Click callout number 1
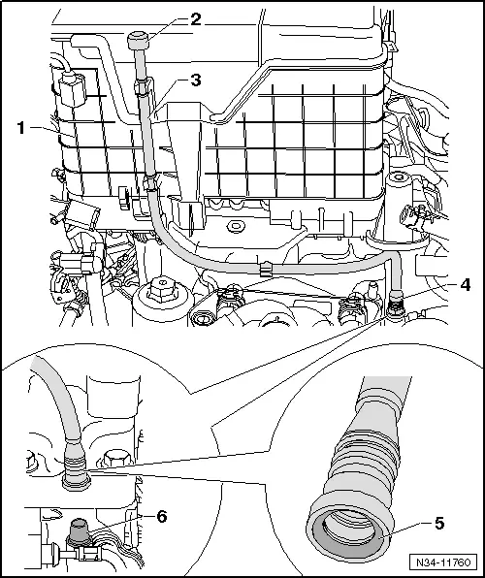point(21,128)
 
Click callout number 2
point(196,19)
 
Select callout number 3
point(196,80)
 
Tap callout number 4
point(465,284)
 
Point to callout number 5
point(438,523)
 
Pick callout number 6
point(162,517)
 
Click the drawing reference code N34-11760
point(443,562)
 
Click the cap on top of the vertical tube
point(139,41)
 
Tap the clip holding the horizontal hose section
point(265,269)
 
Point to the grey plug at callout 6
point(79,530)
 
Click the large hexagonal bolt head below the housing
point(162,289)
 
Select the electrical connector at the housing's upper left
point(73,89)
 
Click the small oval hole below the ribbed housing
point(234,226)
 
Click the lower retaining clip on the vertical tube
point(151,183)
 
